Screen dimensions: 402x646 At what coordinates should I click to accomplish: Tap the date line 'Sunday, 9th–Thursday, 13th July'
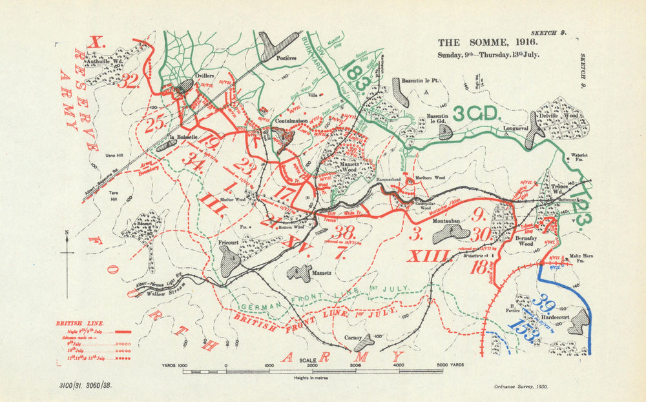488,54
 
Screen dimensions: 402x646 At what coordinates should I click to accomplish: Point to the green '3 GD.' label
477,114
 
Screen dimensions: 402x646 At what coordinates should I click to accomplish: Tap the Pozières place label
285,58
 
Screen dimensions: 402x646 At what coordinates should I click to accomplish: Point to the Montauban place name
446,221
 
